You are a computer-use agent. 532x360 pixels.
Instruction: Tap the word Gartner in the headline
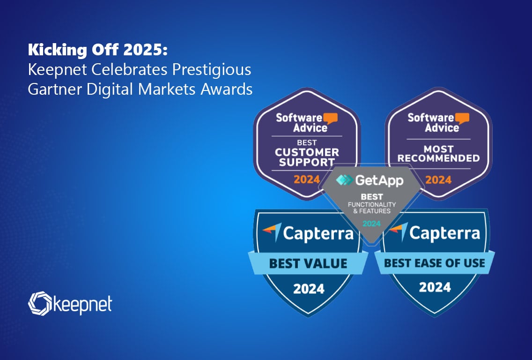[x=55, y=90]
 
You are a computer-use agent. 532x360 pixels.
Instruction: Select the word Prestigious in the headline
[x=212, y=70]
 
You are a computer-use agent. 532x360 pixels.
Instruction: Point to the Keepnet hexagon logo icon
[x=40, y=303]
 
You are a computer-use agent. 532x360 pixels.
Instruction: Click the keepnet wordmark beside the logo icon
[x=83, y=305]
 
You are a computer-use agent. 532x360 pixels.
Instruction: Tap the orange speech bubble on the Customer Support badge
[x=330, y=118]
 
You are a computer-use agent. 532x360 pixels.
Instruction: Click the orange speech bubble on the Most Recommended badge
[x=462, y=118]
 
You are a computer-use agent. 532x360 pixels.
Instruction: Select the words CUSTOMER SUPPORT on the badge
[x=307, y=157]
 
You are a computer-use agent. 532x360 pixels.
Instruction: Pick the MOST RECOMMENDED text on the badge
[x=438, y=153]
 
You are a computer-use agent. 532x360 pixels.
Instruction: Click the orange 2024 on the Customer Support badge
[x=307, y=179]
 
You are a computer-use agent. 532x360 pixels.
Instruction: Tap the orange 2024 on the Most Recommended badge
[x=438, y=180]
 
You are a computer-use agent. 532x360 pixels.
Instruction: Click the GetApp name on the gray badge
[x=379, y=180]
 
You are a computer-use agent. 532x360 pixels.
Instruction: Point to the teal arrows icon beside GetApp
[x=344, y=180]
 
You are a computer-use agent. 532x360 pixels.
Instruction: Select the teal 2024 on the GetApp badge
[x=371, y=224]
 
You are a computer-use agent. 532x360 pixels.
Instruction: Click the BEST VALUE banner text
[x=308, y=263]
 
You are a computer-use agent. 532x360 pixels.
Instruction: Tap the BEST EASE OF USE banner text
[x=435, y=263]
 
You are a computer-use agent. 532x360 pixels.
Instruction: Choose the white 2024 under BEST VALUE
[x=309, y=289]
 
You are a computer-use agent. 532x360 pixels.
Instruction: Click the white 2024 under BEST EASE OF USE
[x=435, y=287]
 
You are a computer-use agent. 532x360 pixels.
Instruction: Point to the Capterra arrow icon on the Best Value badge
[x=273, y=232]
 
